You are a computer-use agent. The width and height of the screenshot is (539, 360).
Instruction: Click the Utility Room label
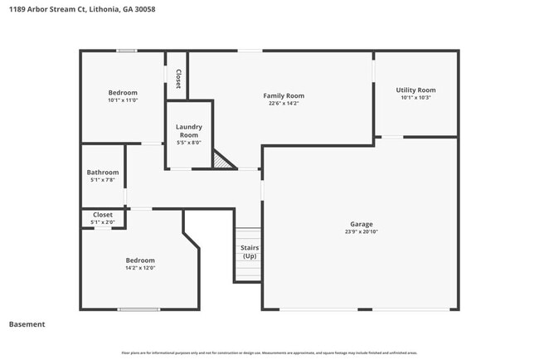point(415,90)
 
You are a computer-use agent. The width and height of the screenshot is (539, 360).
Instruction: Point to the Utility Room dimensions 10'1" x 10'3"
point(415,98)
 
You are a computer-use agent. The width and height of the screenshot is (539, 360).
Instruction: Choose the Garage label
point(361,224)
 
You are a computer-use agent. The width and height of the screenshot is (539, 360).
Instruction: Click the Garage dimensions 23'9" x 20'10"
point(361,232)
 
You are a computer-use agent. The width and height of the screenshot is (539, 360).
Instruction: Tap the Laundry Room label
point(189,131)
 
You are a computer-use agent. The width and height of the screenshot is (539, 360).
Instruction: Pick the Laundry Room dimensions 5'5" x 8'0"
point(189,143)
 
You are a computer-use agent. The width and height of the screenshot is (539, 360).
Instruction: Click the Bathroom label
point(104,173)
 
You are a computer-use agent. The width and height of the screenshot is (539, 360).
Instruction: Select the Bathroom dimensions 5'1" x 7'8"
point(104,180)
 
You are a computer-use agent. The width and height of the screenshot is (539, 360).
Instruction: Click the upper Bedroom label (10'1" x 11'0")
point(123,92)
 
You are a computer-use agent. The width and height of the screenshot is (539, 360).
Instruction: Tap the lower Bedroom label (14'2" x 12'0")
point(139,260)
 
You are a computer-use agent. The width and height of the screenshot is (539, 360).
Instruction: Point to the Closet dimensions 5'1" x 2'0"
point(103,222)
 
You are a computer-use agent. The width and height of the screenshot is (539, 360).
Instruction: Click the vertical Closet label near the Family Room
point(177,77)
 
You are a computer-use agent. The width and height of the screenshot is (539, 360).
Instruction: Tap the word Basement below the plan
point(27,324)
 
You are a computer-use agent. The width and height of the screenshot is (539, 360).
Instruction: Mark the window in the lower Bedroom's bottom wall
point(138,309)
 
